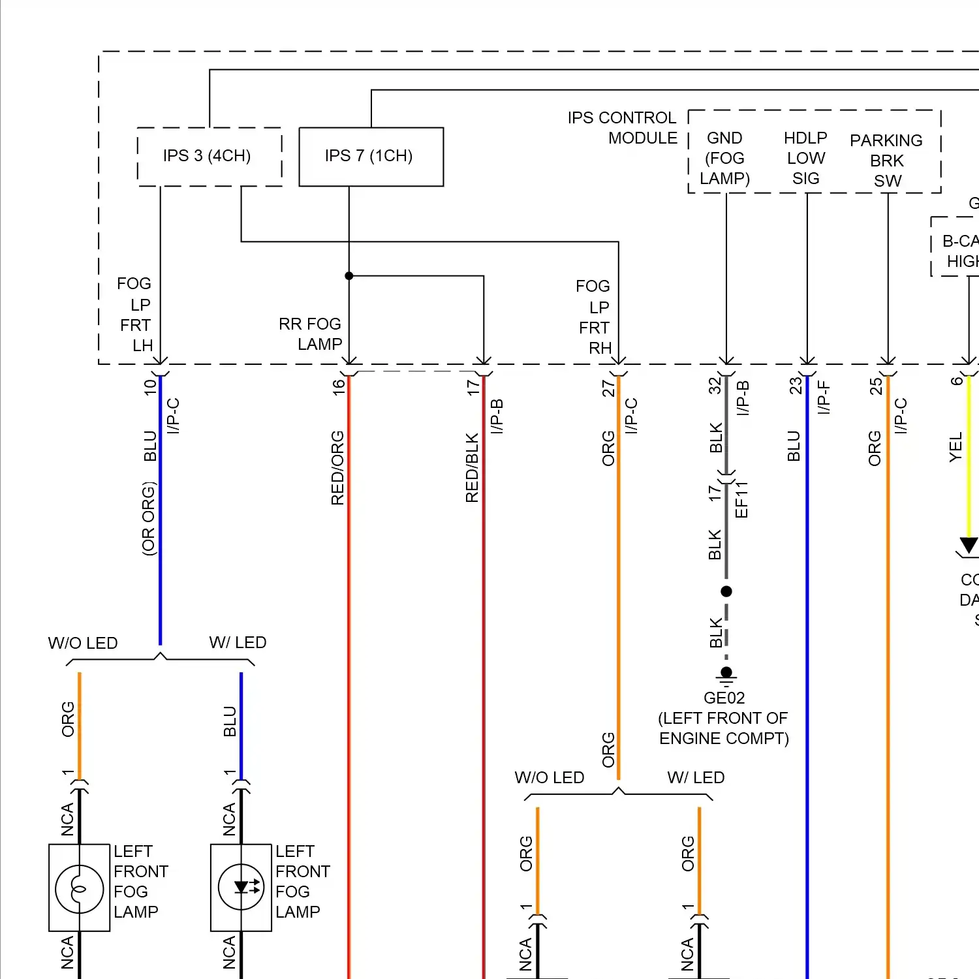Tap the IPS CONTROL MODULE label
click(x=623, y=128)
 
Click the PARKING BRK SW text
click(x=886, y=161)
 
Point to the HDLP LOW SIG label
click(x=805, y=158)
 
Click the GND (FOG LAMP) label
click(x=724, y=158)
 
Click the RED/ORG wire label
click(x=337, y=467)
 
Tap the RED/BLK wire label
click(x=472, y=467)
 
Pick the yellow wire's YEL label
click(x=956, y=447)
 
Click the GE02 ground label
click(x=724, y=698)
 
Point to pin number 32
click(x=715, y=386)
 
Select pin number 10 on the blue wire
click(x=150, y=387)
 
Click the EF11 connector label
click(x=741, y=500)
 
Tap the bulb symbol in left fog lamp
click(x=79, y=888)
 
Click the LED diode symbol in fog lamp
click(x=241, y=887)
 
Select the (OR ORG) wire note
click(x=149, y=519)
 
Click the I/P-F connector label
click(x=824, y=397)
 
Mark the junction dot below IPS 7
click(x=349, y=276)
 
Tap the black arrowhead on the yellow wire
click(x=969, y=545)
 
